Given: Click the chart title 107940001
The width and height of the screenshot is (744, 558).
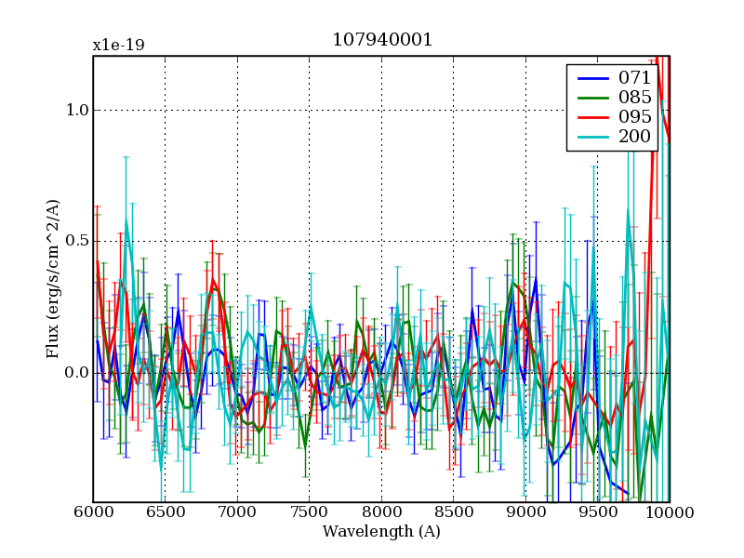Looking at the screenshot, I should [x=381, y=41].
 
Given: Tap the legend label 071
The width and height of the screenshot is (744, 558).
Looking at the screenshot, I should [x=634, y=77].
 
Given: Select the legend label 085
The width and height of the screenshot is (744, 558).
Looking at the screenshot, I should [x=634, y=97].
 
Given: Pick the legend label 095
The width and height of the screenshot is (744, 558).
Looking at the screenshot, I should [x=634, y=117].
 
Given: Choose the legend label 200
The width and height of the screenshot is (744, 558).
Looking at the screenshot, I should [x=634, y=138].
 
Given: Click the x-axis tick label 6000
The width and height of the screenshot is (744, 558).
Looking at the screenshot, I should [x=93, y=514].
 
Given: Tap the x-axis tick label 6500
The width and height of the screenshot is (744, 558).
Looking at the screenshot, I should [x=165, y=514].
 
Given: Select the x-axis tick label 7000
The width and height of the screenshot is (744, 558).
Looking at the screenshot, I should [x=237, y=514].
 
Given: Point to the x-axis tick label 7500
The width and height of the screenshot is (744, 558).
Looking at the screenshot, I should [x=309, y=514].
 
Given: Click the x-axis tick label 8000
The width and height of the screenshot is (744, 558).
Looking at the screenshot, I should [x=381, y=514].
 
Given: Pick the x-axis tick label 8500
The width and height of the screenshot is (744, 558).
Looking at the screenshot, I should [x=453, y=514].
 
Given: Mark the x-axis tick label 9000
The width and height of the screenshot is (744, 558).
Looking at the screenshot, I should [x=525, y=514].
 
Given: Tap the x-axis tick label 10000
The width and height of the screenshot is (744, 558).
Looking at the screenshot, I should [x=670, y=514].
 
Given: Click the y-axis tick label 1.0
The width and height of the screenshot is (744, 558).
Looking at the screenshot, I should [x=75, y=110].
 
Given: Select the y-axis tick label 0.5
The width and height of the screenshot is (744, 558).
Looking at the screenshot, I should [x=75, y=242].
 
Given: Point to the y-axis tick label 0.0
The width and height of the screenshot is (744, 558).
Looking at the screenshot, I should [x=75, y=373].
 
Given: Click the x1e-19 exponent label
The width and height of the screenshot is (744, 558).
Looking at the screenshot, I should [x=118, y=45].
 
